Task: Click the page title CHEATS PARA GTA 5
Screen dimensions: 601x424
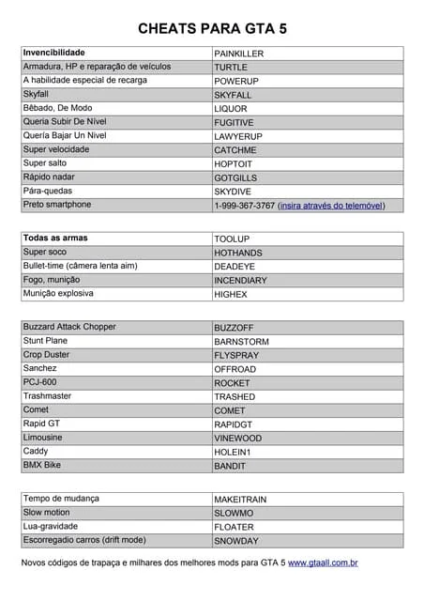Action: [212, 29]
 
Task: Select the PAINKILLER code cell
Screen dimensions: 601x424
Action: [238, 54]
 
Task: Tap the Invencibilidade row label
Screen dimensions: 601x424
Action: [53, 53]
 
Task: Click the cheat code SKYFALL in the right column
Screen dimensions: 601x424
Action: [233, 95]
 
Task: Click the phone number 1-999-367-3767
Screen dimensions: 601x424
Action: [244, 205]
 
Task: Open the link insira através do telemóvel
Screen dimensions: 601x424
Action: [331, 205]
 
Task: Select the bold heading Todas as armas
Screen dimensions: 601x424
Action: [55, 239]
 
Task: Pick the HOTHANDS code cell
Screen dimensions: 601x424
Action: [238, 253]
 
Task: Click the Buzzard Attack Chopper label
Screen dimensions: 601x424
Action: [69, 327]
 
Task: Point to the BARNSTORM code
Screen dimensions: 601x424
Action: [241, 341]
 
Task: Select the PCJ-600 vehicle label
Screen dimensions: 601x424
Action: [39, 382]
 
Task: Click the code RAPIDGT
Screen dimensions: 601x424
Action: [233, 424]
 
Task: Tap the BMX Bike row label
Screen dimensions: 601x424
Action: [43, 465]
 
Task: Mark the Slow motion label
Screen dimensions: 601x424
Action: [46, 512]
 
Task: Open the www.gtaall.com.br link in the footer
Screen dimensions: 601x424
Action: [323, 562]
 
